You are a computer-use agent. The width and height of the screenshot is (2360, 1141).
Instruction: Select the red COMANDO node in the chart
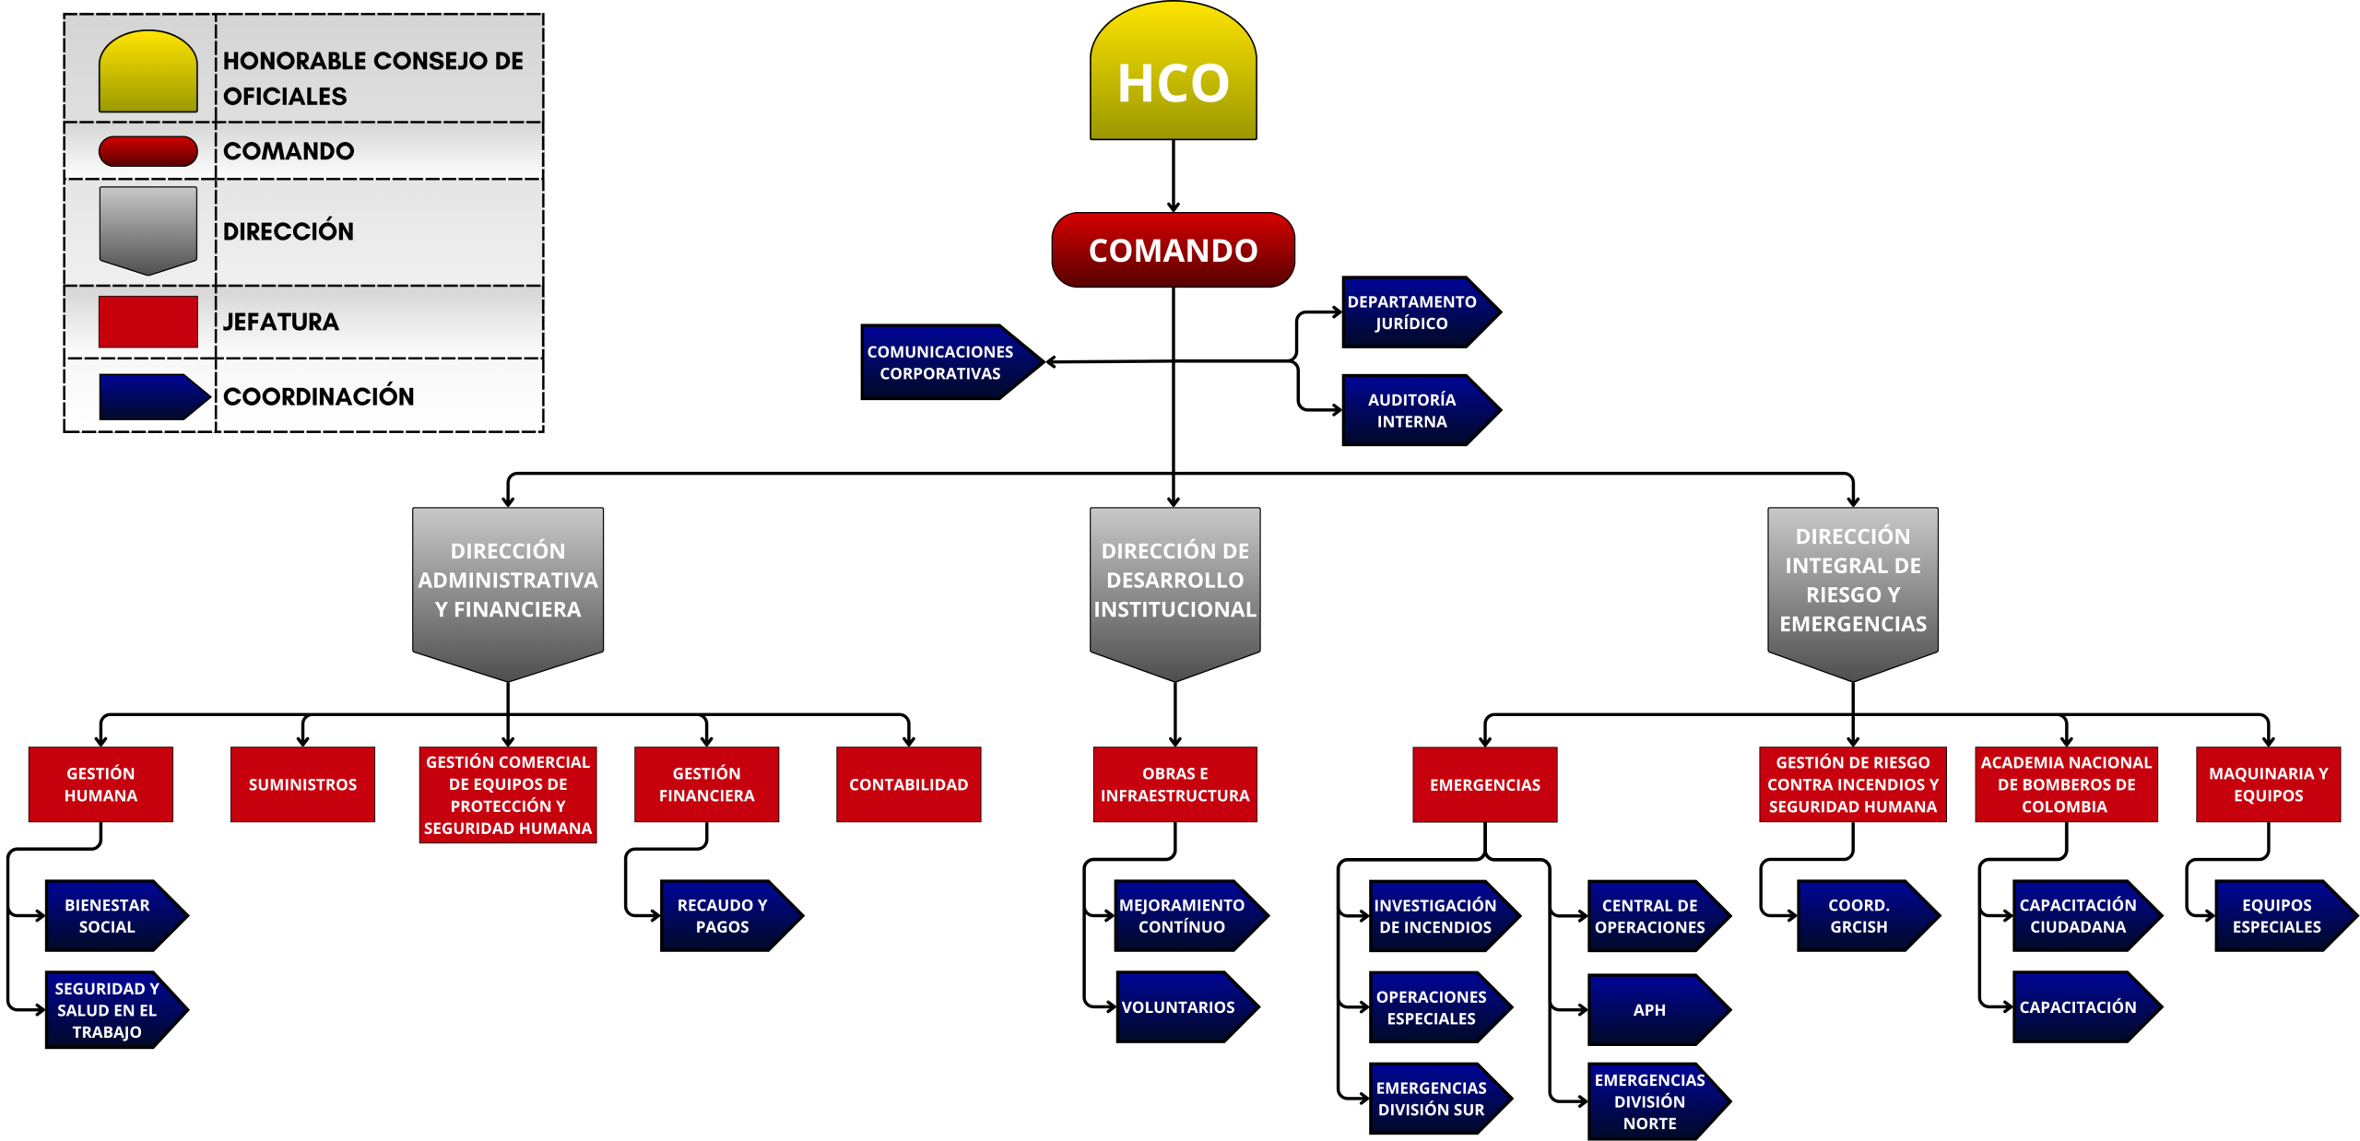click(x=1173, y=250)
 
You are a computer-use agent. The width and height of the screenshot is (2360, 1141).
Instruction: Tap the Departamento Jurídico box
click(x=1411, y=312)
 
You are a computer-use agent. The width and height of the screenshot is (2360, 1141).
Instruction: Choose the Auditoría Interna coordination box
click(x=1411, y=410)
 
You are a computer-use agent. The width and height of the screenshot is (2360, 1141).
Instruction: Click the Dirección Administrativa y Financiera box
click(x=508, y=581)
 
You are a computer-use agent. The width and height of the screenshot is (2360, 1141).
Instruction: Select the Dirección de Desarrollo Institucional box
click(x=1174, y=581)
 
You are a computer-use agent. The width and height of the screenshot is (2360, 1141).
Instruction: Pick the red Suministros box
click(x=302, y=784)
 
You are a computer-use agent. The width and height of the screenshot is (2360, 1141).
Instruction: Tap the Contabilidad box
click(x=908, y=784)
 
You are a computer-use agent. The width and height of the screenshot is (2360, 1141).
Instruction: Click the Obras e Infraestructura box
click(x=1174, y=784)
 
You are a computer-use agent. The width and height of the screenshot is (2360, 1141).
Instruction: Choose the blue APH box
click(x=1650, y=1009)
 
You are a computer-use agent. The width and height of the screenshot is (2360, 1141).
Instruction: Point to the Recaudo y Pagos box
click(x=723, y=916)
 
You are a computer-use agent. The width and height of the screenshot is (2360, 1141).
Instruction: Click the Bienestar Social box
click(x=108, y=916)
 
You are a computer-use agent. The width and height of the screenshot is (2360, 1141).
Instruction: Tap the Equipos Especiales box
click(x=2276, y=916)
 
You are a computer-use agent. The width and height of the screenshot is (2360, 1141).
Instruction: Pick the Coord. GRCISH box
click(x=1858, y=916)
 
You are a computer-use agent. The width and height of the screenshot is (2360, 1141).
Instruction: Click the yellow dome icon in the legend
click(x=148, y=72)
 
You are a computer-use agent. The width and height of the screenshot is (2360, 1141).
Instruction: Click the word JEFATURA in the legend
click(x=281, y=322)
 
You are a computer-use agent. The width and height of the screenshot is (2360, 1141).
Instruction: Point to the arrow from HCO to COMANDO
click(x=1173, y=176)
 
